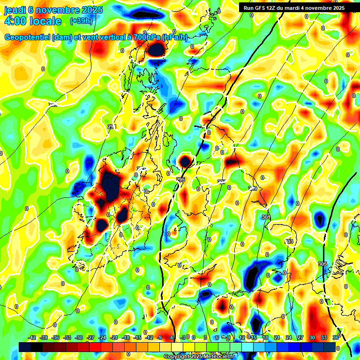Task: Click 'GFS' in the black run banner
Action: [x=263, y=8]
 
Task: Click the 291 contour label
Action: [x=112, y=127]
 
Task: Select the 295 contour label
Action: [x=180, y=180]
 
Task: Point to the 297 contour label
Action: [x=221, y=181]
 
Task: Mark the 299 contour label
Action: [x=253, y=188]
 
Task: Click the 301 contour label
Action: [x=266, y=217]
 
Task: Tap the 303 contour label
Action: [x=289, y=241]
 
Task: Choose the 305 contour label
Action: [x=322, y=264]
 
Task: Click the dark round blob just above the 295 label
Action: [x=185, y=162]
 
